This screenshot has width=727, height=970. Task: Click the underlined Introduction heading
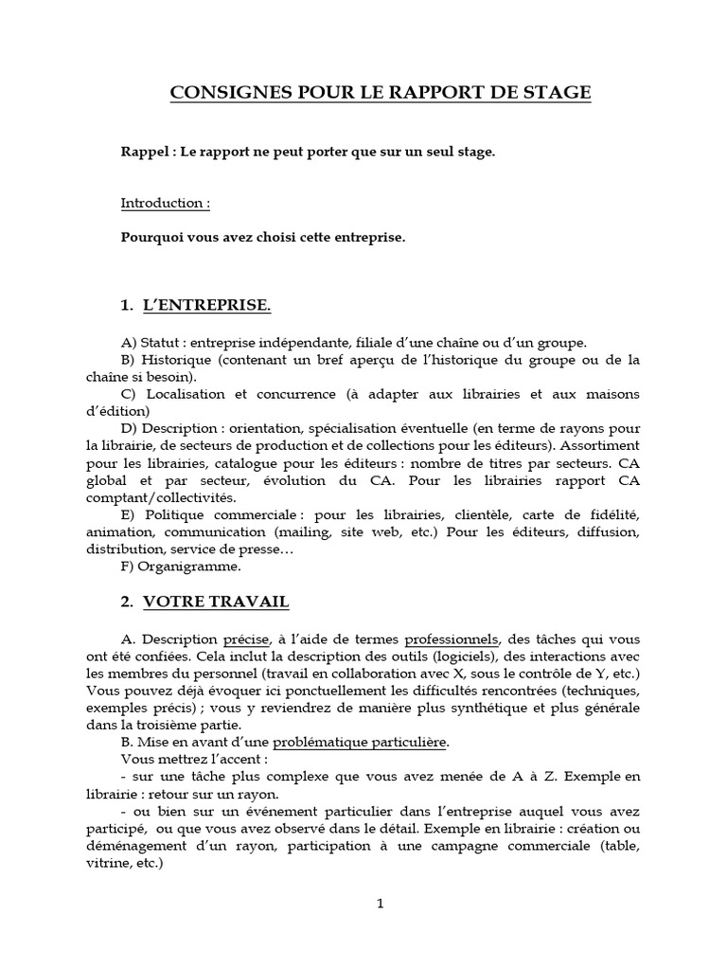[165, 204]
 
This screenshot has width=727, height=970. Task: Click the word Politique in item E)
[172, 514]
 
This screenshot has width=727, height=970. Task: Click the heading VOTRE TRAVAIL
[216, 602]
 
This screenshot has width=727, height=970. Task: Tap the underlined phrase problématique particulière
[367, 742]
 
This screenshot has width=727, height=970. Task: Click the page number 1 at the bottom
[381, 904]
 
